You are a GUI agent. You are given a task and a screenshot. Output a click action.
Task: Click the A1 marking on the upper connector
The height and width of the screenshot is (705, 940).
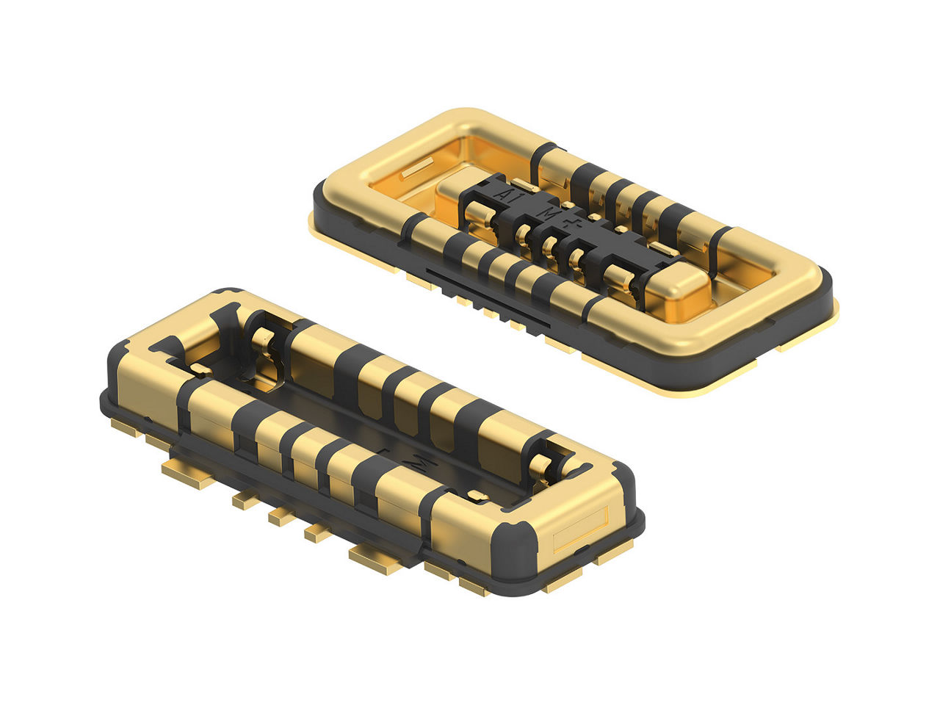click(x=505, y=195)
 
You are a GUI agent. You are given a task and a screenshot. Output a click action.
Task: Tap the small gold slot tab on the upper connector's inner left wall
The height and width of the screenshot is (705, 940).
click(x=415, y=167)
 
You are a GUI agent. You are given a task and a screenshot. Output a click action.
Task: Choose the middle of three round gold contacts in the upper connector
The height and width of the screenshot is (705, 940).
click(x=549, y=250)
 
